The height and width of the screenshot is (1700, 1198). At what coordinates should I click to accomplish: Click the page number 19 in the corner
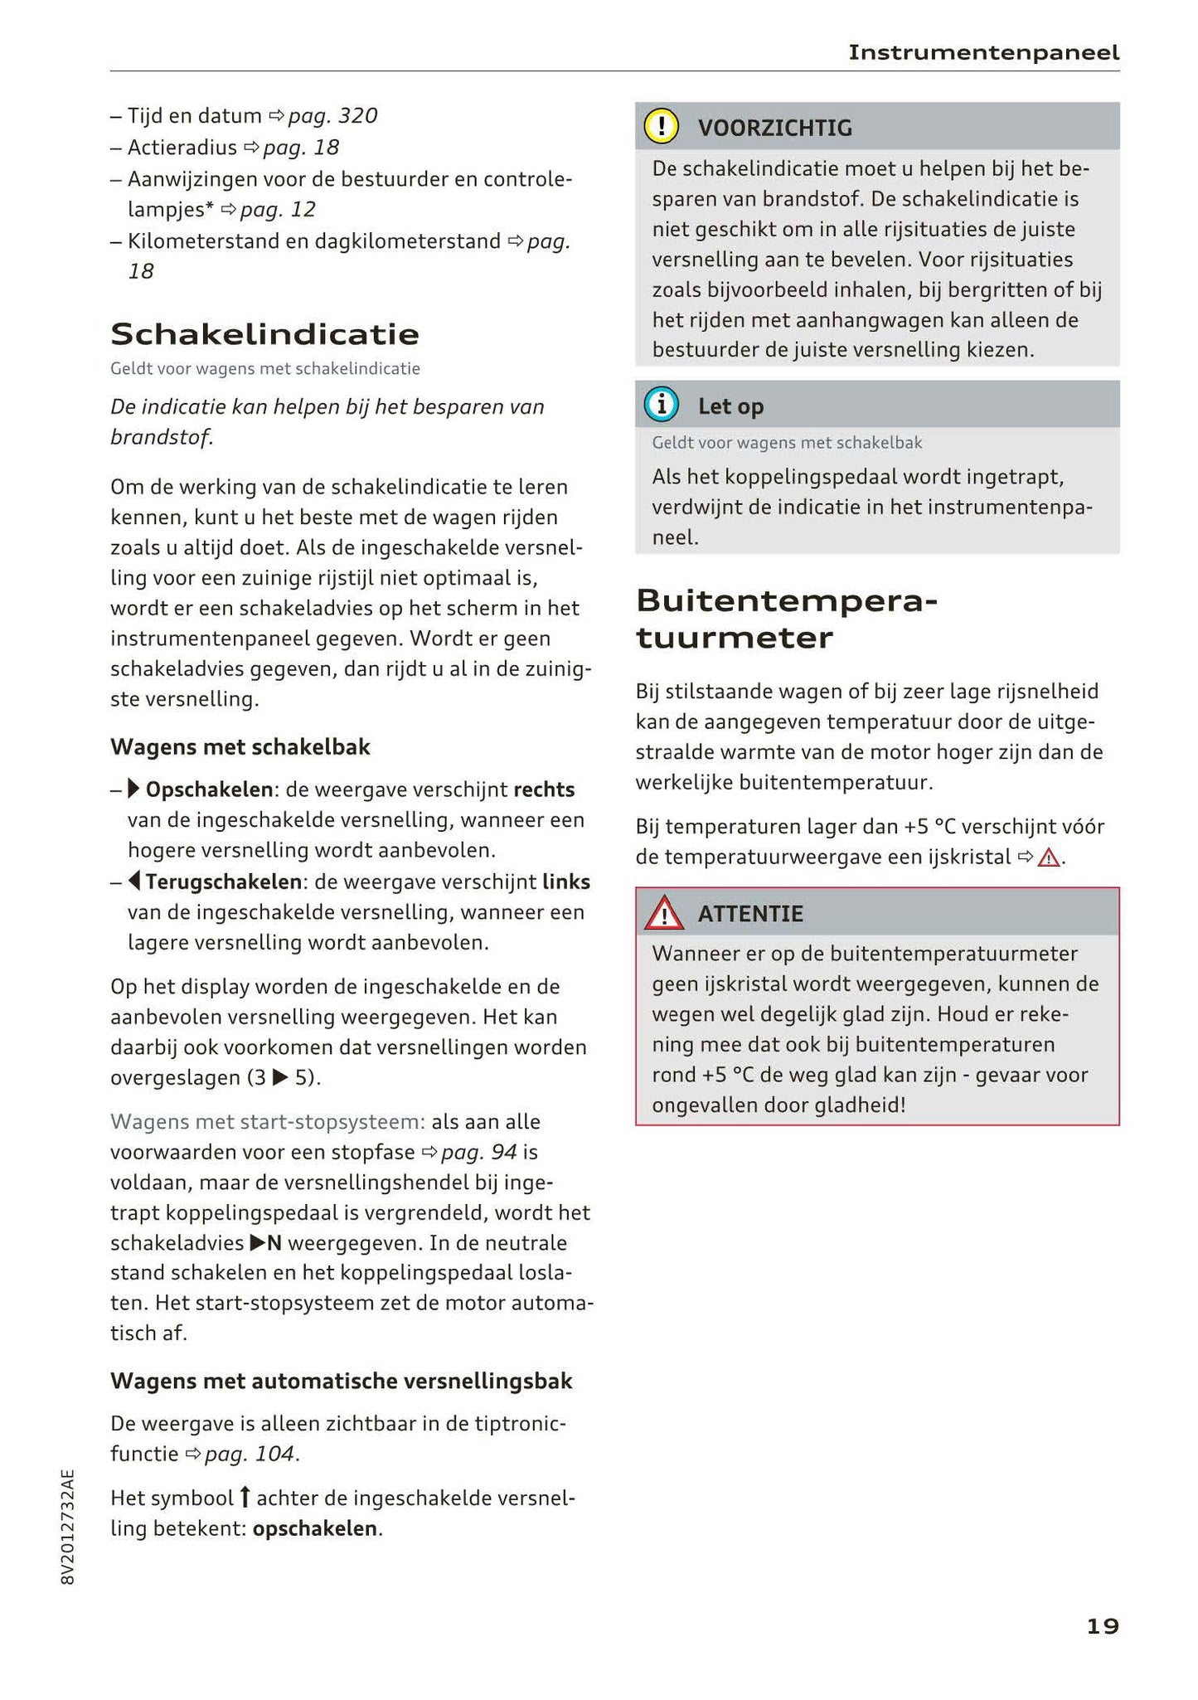(1102, 1626)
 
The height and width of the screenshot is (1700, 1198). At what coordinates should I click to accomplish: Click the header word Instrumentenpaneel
(983, 53)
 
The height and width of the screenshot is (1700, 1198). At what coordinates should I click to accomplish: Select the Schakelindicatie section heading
(264, 334)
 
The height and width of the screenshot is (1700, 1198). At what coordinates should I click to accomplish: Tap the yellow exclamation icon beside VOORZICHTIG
(662, 127)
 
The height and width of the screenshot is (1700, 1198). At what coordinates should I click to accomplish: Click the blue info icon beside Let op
(662, 406)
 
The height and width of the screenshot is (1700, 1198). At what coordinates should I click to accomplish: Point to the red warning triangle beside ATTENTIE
(664, 914)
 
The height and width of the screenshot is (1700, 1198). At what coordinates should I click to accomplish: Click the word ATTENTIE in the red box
(750, 914)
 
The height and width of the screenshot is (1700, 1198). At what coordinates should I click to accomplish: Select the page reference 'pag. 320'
(332, 116)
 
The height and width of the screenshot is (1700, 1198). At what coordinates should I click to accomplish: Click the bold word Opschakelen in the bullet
(209, 789)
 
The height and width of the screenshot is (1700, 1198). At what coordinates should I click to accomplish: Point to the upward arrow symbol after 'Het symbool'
(245, 1497)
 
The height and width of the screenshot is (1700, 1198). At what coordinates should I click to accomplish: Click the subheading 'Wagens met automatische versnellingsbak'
(341, 1381)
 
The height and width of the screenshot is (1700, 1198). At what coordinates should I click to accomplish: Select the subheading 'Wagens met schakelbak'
(240, 747)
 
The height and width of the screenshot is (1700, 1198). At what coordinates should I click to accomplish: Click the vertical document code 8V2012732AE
(68, 1527)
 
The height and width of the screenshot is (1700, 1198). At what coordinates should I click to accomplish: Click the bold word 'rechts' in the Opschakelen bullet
(544, 789)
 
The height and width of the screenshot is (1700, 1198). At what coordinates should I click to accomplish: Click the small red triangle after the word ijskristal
(1049, 857)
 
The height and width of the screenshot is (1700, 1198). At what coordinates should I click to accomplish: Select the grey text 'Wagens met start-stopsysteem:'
(268, 1122)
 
